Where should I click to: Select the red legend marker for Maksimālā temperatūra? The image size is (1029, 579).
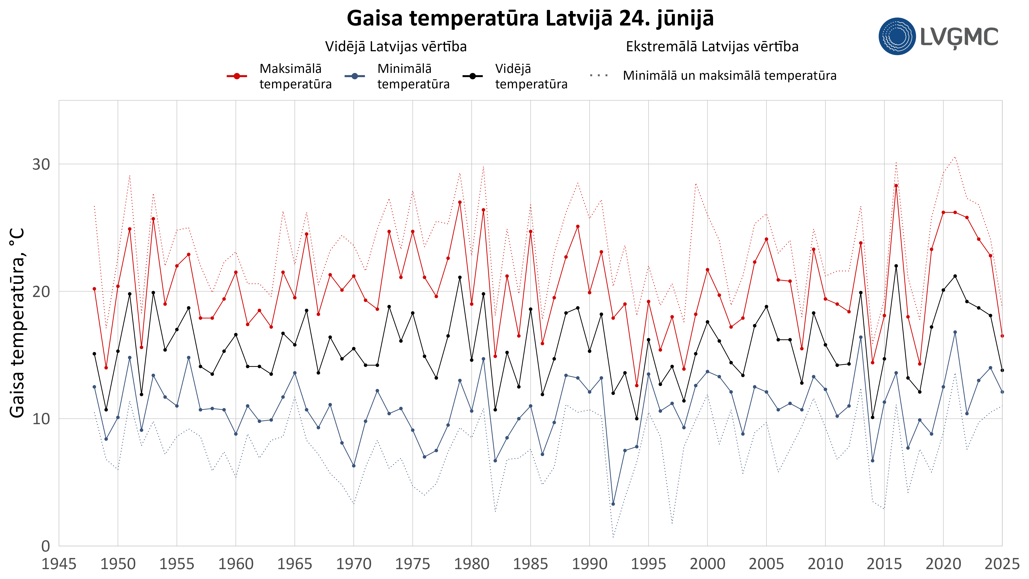pos(237,76)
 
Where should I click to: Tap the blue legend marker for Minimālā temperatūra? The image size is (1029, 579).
pos(355,76)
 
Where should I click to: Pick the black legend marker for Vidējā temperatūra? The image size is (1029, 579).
pos(472,76)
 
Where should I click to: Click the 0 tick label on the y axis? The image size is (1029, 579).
pos(46,546)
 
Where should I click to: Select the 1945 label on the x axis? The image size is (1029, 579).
pos(59,564)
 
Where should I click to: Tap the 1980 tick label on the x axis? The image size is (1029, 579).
pos(472,564)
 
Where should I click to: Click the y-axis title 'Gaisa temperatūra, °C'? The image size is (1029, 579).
pos(17,323)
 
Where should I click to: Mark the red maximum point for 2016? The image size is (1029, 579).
pos(896,186)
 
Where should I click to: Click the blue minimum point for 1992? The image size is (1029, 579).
pos(613,504)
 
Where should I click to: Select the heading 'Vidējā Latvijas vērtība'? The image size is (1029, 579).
pos(396,47)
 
